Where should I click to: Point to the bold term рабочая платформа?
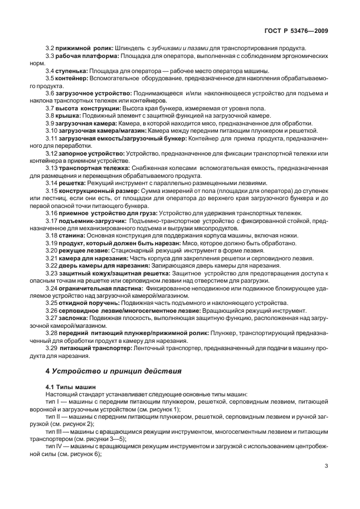(x=86, y=56)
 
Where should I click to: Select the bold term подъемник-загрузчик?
(x=93, y=221)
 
